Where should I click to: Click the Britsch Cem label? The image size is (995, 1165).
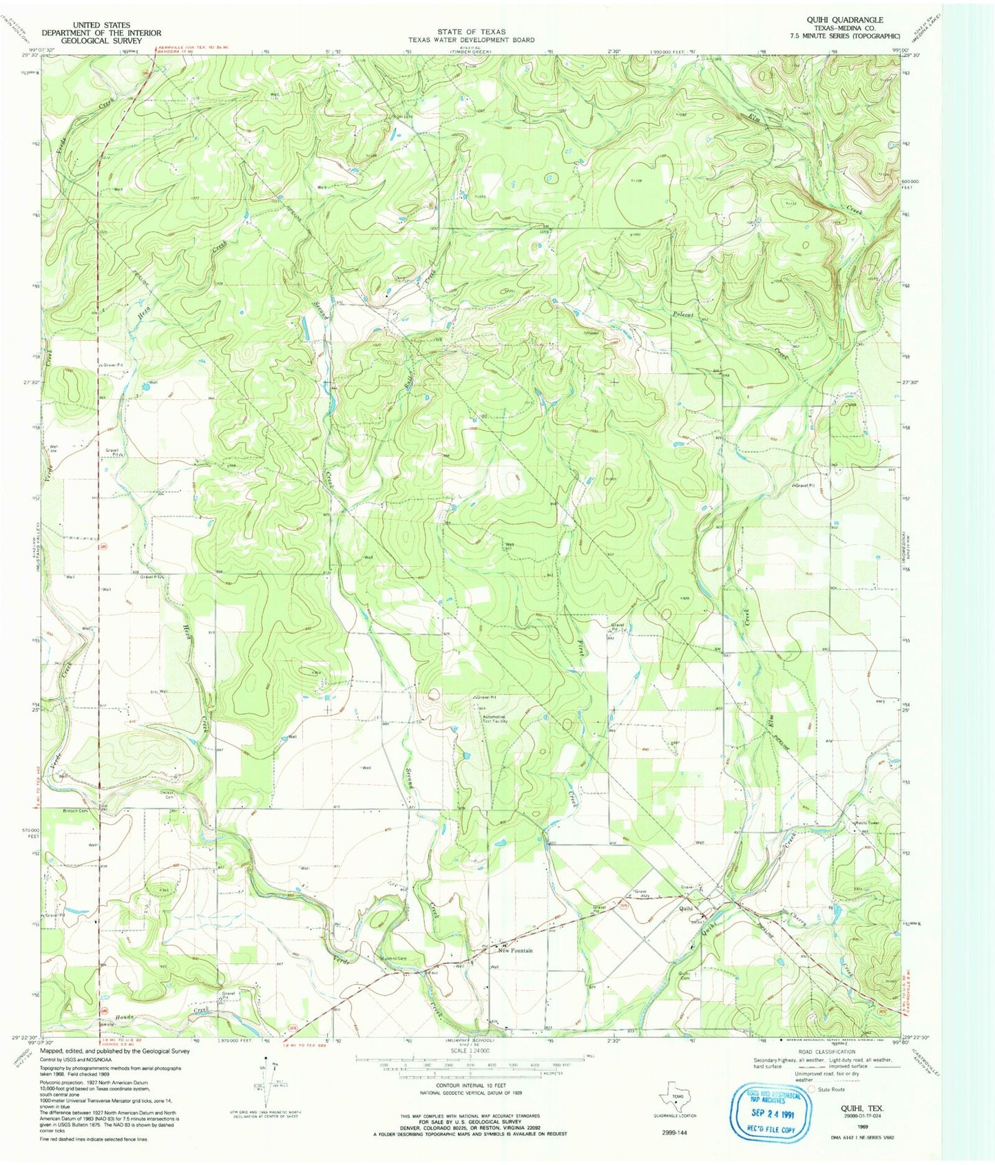pos(77,811)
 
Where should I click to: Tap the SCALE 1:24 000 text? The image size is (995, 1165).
pos(468,1051)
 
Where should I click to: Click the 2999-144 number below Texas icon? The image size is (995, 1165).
pos(673,1132)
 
